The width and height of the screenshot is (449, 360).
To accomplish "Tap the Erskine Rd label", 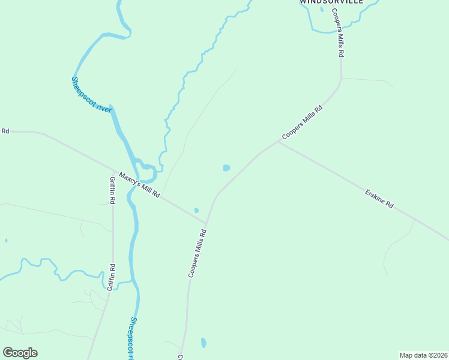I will tap(379, 199).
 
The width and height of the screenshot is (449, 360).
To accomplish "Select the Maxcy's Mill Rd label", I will tap(139, 185).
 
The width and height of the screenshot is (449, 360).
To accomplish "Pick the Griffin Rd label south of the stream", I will tap(110, 277).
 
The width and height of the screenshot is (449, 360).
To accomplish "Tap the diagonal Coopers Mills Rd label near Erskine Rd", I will tap(303, 122).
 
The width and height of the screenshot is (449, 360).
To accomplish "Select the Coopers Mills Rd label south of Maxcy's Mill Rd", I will tap(197, 253).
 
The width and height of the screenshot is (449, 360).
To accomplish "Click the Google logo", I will tap(20, 353).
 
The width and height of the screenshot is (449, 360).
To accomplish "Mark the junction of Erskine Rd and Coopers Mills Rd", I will tap(279, 142).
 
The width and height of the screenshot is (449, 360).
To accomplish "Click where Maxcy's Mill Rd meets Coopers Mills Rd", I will tap(206, 222).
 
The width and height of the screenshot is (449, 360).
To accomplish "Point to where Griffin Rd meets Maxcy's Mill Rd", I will tap(113, 171).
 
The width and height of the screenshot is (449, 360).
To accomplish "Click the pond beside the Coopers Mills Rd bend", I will tap(226, 168).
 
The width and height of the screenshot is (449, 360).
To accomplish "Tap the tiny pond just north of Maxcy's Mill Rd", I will tap(196, 211).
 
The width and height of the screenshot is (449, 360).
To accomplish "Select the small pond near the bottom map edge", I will tap(203, 343).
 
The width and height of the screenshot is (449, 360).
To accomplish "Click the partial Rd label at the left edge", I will tap(5, 131).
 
